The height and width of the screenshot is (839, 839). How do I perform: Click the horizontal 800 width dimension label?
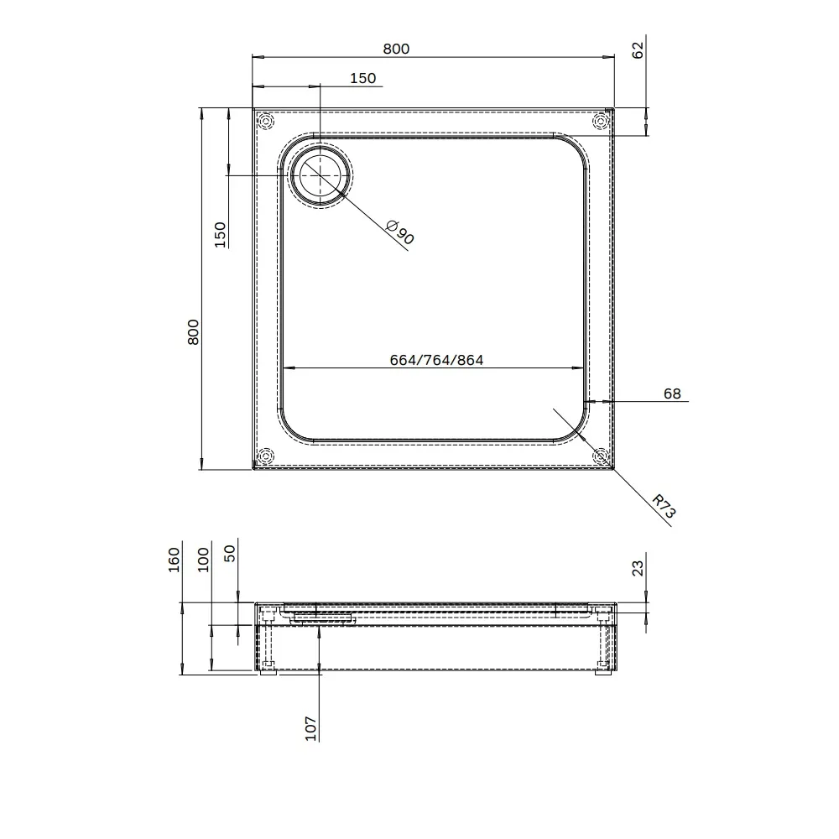[396, 49]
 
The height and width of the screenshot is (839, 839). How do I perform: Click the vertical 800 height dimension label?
[193, 331]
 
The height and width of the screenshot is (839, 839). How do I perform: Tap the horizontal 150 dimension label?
[362, 78]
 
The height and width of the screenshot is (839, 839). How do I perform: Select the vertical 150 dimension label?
[220, 234]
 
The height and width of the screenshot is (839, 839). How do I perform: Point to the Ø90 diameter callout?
[400, 232]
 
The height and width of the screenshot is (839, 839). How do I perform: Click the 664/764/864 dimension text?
[436, 360]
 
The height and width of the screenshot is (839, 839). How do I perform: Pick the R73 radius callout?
[664, 506]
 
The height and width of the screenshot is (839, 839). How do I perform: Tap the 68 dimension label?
[672, 393]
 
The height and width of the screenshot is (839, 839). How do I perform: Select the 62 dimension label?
[638, 50]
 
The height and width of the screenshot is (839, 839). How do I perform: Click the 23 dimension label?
[638, 568]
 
